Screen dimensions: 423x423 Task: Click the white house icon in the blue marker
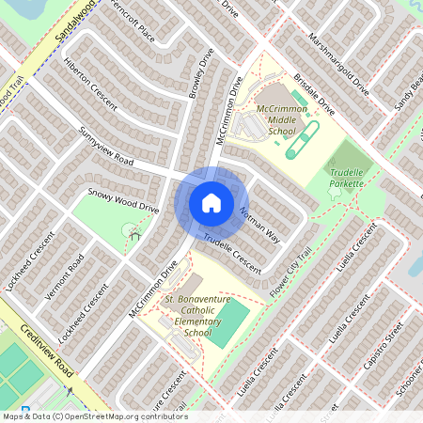click(211, 202)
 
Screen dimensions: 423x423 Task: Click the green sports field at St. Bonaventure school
click(229, 321)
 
